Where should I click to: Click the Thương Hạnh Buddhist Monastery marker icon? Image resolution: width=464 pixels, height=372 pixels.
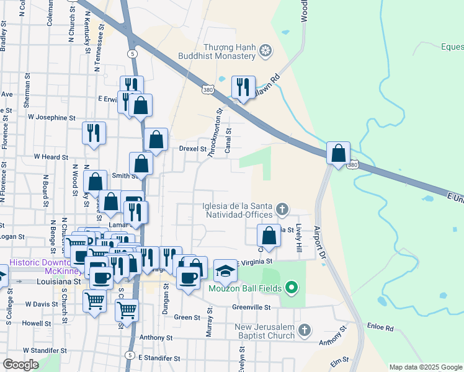click(265, 50)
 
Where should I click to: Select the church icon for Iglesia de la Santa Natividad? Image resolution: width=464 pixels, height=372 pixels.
click(282, 209)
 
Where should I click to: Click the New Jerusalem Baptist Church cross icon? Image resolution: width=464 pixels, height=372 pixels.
click(304, 330)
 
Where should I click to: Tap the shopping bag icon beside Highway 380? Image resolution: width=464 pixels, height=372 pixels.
click(338, 153)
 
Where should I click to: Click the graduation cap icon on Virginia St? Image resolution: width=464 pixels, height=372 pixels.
click(225, 270)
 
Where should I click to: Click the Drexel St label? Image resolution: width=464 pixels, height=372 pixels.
click(192, 149)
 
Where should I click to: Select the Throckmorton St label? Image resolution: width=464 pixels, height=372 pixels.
click(215, 133)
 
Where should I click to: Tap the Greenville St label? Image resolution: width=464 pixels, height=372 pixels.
click(252, 307)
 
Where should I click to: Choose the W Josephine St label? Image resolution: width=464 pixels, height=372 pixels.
click(51, 117)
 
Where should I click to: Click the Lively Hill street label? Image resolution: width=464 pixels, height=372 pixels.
click(299, 237)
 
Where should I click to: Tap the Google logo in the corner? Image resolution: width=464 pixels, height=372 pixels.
click(21, 365)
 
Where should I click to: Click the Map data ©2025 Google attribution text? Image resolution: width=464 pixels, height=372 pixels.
click(426, 367)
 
